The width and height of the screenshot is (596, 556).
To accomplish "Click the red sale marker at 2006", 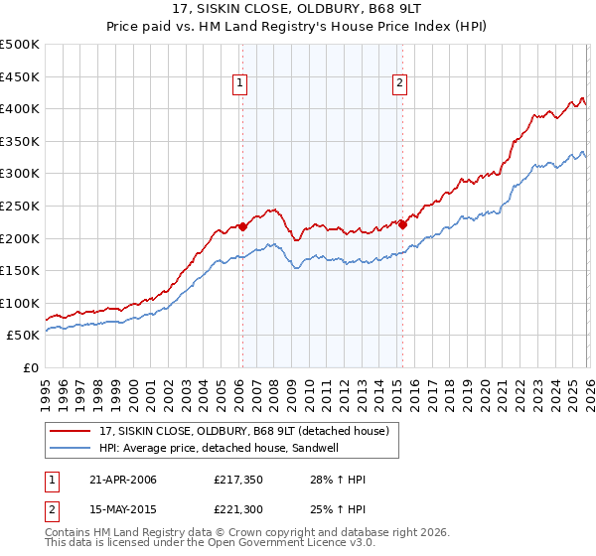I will click(242, 226).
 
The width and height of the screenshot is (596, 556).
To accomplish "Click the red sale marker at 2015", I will click(402, 224).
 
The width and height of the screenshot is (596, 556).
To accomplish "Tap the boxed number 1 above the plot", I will click(241, 84).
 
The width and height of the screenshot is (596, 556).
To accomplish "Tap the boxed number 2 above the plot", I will click(399, 84).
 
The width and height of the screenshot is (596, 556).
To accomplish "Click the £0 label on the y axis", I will click(30, 367).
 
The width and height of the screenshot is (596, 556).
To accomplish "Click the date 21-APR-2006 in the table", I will click(123, 481).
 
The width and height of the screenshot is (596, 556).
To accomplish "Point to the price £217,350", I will click(238, 481).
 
